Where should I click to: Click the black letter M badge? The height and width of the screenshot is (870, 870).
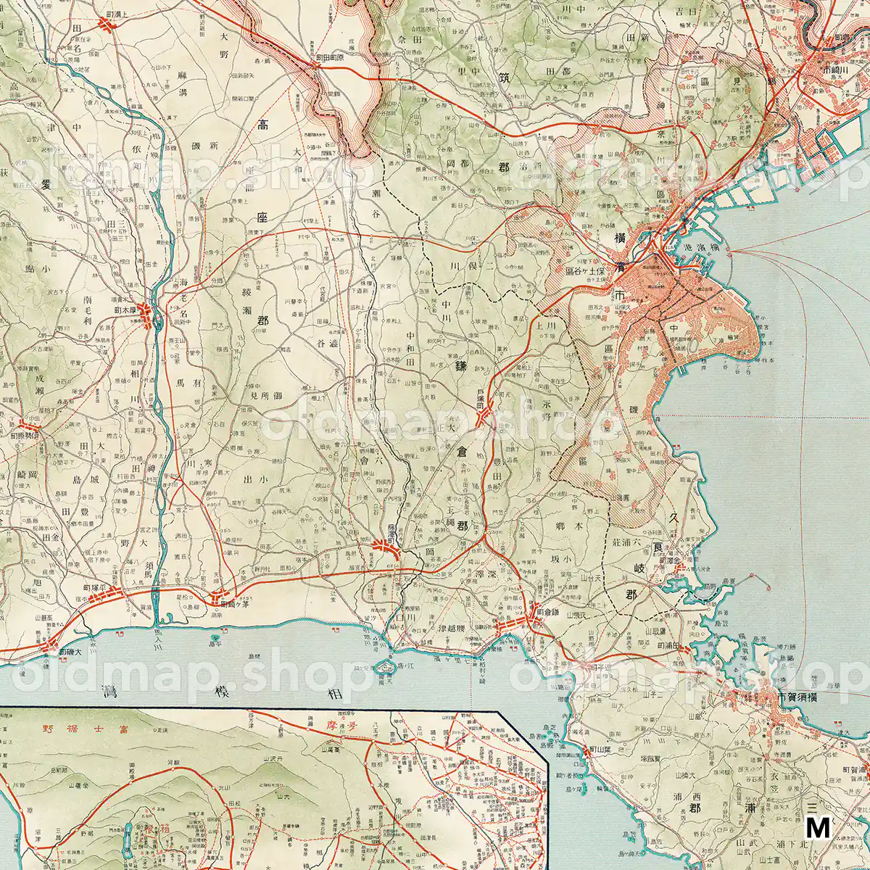(x=818, y=827)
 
